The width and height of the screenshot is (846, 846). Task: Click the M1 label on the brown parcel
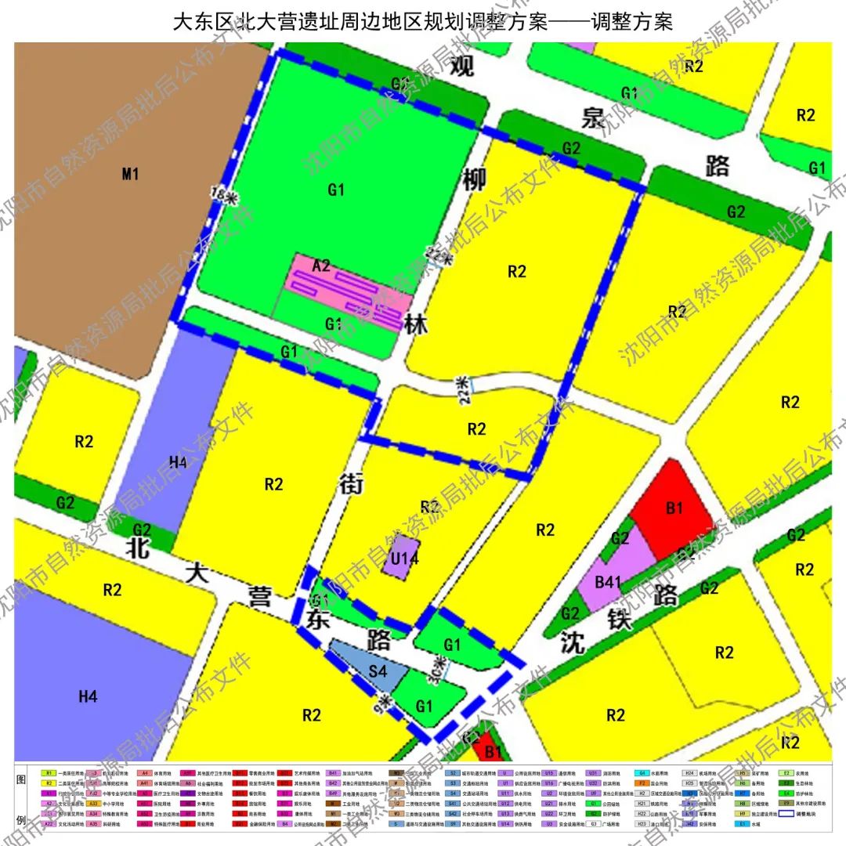[x=130, y=174]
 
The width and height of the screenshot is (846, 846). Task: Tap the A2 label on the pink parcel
[x=321, y=266]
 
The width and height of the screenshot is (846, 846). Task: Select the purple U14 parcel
[x=404, y=559]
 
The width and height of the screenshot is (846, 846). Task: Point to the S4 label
[x=378, y=671]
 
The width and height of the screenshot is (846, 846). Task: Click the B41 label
[x=608, y=582]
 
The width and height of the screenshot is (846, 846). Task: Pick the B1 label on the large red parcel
[x=674, y=508]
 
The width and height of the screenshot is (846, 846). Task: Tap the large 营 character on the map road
[x=258, y=598]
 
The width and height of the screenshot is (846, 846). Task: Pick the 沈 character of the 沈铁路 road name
[x=573, y=644]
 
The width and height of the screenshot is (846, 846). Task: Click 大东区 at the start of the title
[x=199, y=21]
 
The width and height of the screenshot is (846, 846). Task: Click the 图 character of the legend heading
[x=22, y=780]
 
